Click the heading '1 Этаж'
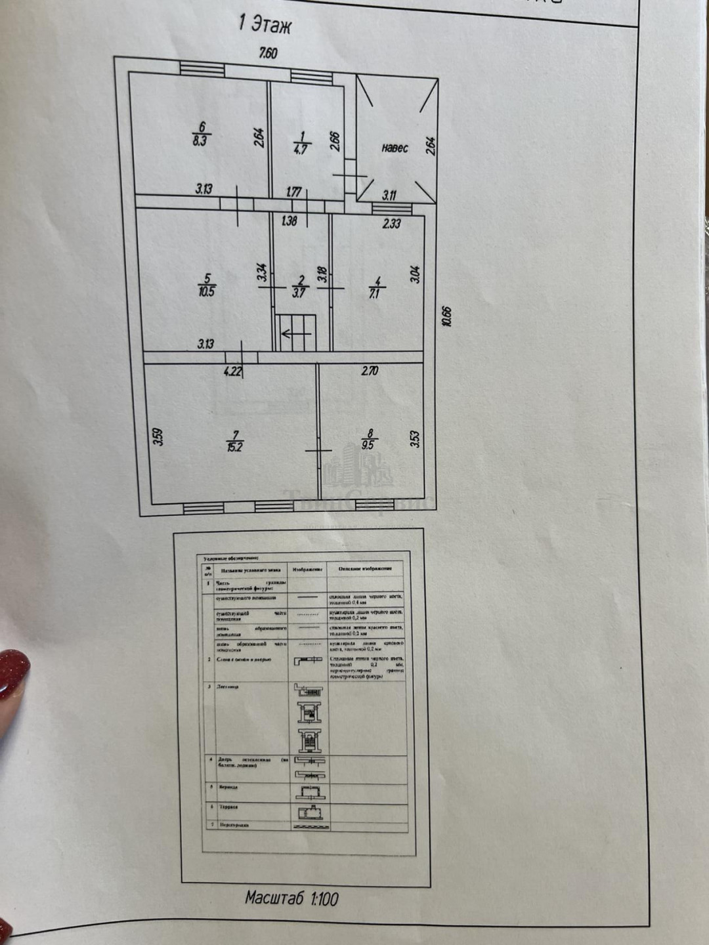pos(264,24)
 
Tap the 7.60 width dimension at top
pos(268,53)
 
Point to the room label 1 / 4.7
pos(301,142)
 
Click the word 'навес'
pos(395,148)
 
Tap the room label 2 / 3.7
pos(299,287)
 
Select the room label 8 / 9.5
pos(369,438)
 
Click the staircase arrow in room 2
pos(295,334)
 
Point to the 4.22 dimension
pos(233,371)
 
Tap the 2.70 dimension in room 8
pos(370,371)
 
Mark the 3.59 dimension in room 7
pos(158,436)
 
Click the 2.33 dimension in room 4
pos(391,224)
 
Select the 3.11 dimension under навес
pos(389,195)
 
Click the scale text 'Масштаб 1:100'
pos(291,898)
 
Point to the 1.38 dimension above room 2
pos(289,221)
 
